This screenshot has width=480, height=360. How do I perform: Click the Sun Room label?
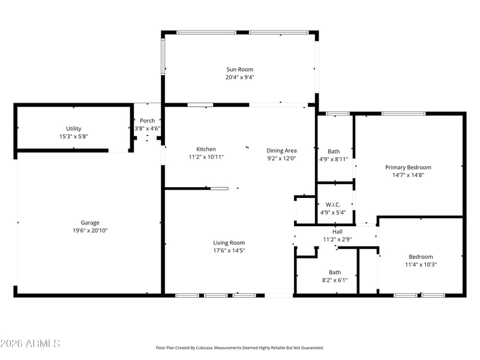tap(239, 70)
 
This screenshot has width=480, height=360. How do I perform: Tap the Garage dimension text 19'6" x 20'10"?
tap(90, 230)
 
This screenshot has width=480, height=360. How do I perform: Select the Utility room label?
tap(73, 128)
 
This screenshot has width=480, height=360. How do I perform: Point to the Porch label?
tap(147, 121)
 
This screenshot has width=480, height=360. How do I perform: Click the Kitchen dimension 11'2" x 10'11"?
tap(206, 157)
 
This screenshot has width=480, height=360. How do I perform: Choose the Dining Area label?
tap(281, 151)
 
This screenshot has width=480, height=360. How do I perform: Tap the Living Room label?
tap(229, 243)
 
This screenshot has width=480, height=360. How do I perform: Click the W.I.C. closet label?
tap(333, 205)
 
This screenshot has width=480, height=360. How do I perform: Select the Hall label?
tap(337, 232)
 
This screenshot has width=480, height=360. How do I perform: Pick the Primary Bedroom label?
tap(408, 167)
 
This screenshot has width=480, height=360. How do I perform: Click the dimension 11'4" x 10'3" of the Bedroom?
tap(421, 265)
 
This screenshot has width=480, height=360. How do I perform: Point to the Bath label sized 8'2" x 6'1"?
tap(335, 272)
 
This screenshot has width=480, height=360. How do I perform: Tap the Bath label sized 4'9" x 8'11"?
tap(334, 151)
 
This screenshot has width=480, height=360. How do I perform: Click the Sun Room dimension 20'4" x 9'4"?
tap(239, 77)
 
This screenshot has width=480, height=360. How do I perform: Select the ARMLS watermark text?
tap(30, 343)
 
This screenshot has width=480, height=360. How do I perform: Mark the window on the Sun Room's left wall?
tap(163, 56)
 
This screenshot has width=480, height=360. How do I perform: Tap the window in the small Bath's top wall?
tap(337, 113)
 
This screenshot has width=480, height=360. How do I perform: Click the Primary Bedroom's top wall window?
tap(403, 113)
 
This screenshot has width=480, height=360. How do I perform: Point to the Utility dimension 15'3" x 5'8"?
tap(73, 137)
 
